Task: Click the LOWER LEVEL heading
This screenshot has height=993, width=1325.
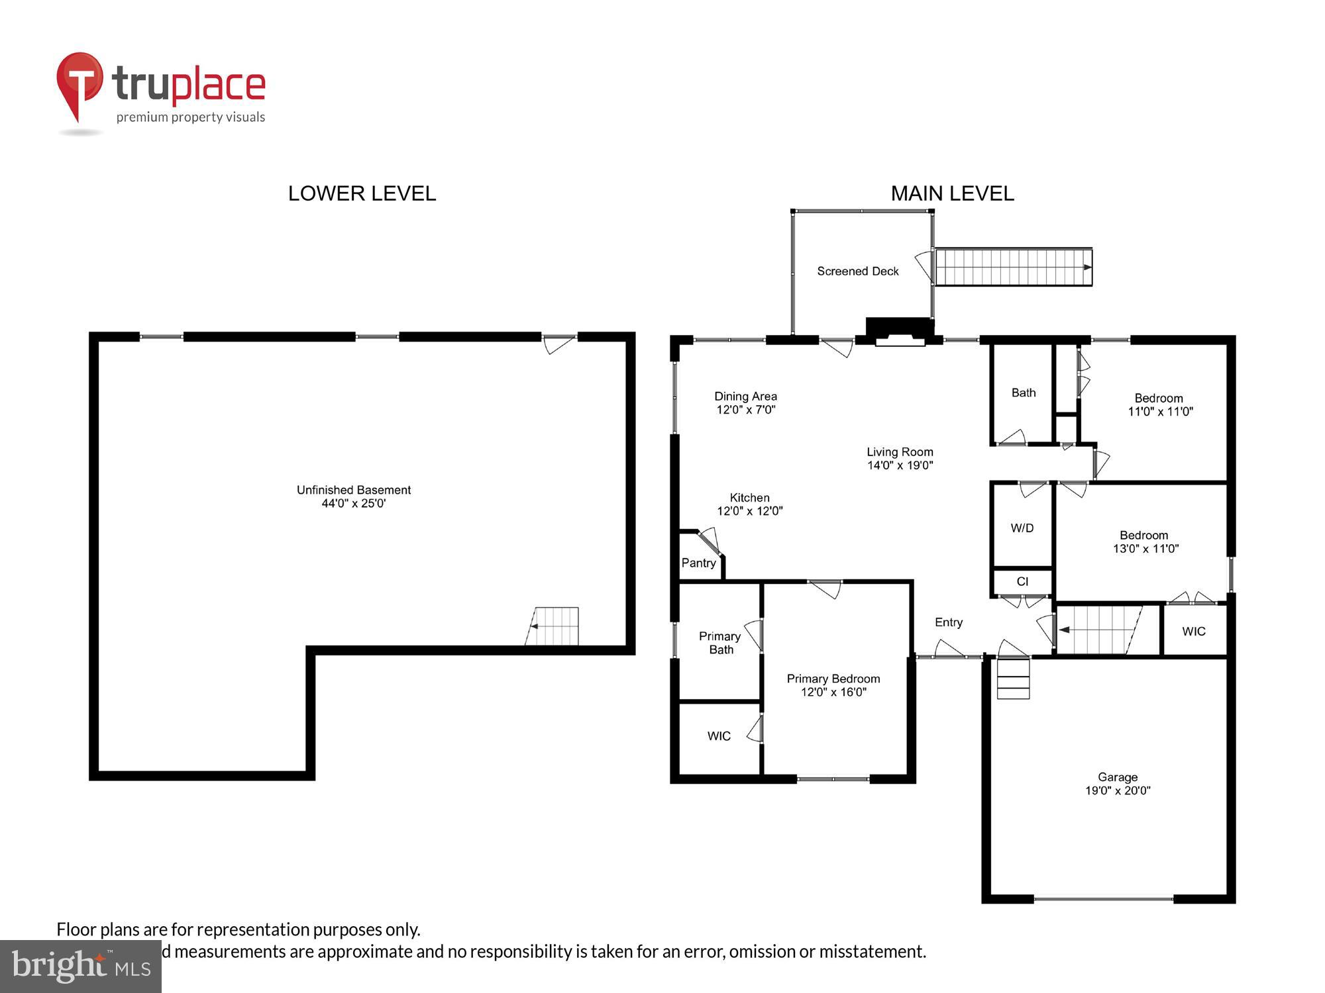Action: [x=362, y=193]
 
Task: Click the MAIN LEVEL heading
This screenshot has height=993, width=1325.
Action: [x=951, y=193]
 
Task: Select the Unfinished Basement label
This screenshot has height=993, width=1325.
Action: [x=353, y=490]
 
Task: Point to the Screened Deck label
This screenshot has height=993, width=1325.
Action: [x=857, y=271]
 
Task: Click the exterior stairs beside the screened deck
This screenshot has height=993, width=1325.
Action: [x=1013, y=267]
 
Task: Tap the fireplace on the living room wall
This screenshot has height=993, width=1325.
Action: [x=900, y=332]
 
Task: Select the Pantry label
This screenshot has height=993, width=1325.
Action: [x=698, y=563]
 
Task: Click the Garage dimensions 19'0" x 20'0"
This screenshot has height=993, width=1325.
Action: [x=1117, y=790]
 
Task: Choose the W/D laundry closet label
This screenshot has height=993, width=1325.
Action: [x=1022, y=528]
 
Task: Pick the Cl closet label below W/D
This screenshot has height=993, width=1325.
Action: [x=1022, y=581]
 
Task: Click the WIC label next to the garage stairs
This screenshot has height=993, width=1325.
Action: [x=1193, y=631]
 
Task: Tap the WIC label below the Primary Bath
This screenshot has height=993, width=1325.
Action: [x=719, y=735]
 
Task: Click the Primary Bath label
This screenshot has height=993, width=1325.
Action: [x=720, y=643]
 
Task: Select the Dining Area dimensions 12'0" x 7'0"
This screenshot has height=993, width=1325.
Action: [x=745, y=410]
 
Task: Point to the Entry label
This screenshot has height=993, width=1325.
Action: [x=948, y=622]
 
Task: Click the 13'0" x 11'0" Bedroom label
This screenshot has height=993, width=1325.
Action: [x=1145, y=542]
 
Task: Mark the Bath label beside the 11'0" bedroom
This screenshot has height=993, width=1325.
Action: [x=1023, y=393]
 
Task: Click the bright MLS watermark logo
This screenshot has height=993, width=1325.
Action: [x=80, y=966]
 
